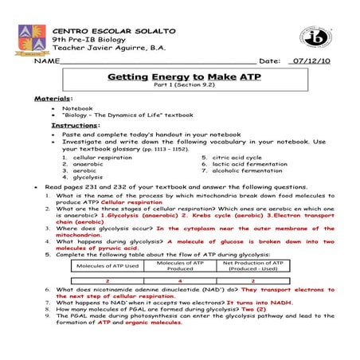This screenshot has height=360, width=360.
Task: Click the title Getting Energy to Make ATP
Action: (x=179, y=77)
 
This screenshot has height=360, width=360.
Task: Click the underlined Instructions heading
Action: (x=76, y=126)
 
